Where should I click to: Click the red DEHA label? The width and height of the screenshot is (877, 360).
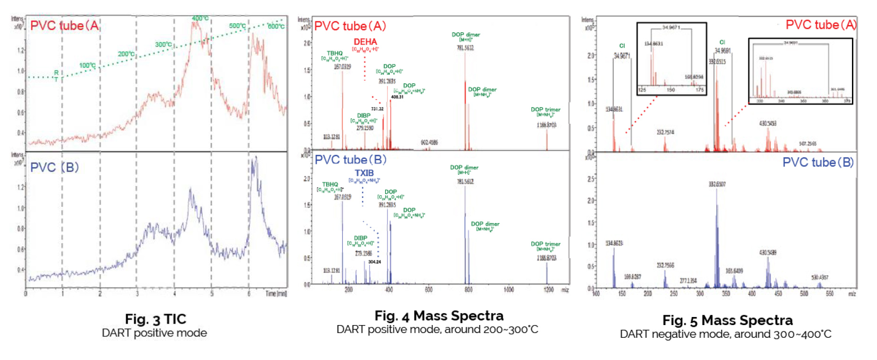pyautogui.click(x=365, y=42)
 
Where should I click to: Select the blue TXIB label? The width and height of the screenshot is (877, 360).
pyautogui.click(x=364, y=173)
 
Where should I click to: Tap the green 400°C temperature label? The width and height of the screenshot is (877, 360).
pyautogui.click(x=200, y=18)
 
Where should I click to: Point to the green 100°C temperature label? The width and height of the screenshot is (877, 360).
pyautogui.click(x=87, y=65)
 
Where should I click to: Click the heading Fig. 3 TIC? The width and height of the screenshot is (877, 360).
pyautogui.click(x=155, y=319)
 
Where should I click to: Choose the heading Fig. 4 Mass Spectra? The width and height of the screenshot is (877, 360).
pyautogui.click(x=439, y=316)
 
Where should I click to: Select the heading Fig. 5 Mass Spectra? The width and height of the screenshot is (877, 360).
pyautogui.click(x=727, y=320)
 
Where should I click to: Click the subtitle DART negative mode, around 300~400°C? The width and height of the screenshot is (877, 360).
pyautogui.click(x=725, y=334)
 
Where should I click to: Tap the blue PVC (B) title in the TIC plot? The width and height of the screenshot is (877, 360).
pyautogui.click(x=54, y=167)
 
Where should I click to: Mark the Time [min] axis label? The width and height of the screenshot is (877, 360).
pyautogui.click(x=276, y=294)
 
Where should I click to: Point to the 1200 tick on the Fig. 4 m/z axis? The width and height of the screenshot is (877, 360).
pyautogui.click(x=549, y=290)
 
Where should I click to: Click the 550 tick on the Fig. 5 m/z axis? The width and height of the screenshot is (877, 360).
pyautogui.click(x=830, y=293)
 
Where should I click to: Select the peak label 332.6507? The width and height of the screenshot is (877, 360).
pyautogui.click(x=717, y=184)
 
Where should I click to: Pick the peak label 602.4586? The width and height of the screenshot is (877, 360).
pyautogui.click(x=429, y=143)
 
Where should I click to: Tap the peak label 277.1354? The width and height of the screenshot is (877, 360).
pyautogui.click(x=688, y=281)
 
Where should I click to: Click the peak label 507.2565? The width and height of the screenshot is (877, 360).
pyautogui.click(x=808, y=144)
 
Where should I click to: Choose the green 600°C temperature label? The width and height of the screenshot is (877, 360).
pyautogui.click(x=276, y=26)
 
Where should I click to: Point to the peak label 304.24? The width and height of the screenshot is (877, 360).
pyautogui.click(x=374, y=262)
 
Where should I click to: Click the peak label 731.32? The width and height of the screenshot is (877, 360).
pyautogui.click(x=377, y=109)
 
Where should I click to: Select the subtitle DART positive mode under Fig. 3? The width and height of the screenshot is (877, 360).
pyautogui.click(x=154, y=333)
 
